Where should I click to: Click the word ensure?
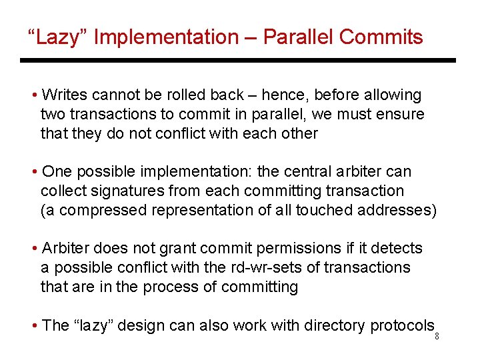click(x=401, y=114)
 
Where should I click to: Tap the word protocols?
click(x=401, y=325)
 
